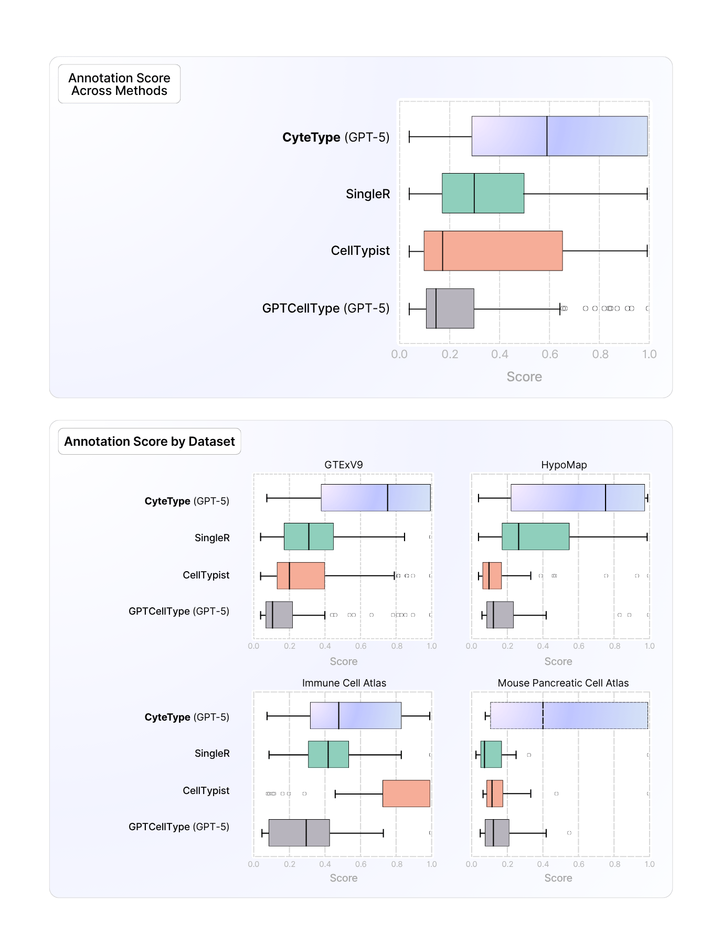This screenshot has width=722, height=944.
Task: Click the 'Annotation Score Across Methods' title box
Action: tap(119, 84)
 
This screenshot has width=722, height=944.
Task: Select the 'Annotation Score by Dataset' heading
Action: tap(150, 442)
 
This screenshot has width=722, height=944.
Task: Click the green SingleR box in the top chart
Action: tap(483, 194)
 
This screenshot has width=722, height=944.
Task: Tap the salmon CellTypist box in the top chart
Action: tap(493, 251)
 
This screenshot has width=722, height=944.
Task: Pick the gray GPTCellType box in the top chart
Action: tap(450, 308)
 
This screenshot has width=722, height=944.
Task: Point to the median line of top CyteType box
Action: tap(547, 136)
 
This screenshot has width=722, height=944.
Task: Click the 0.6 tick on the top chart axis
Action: tap(550, 355)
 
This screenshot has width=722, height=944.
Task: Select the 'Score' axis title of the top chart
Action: tap(524, 377)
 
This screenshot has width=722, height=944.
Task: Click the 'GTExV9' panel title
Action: tap(344, 465)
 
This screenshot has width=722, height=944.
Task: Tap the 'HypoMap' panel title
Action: tap(564, 465)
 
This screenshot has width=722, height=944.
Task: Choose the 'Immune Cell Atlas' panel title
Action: tap(344, 683)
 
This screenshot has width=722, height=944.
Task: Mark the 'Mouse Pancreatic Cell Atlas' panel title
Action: tap(563, 683)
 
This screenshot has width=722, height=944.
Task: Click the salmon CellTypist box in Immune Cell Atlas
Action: tap(406, 793)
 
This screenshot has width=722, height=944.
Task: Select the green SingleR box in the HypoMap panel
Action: tap(536, 537)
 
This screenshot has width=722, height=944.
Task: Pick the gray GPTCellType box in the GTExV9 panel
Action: tap(279, 615)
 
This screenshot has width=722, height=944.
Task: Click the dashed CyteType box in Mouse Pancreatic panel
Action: tap(569, 715)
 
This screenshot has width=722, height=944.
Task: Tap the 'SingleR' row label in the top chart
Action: tap(368, 194)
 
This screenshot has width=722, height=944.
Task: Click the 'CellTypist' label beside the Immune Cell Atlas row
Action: tap(206, 791)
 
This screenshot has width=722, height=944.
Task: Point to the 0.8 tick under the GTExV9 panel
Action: tap(397, 646)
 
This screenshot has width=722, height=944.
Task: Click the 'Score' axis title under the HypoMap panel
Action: tap(558, 662)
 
